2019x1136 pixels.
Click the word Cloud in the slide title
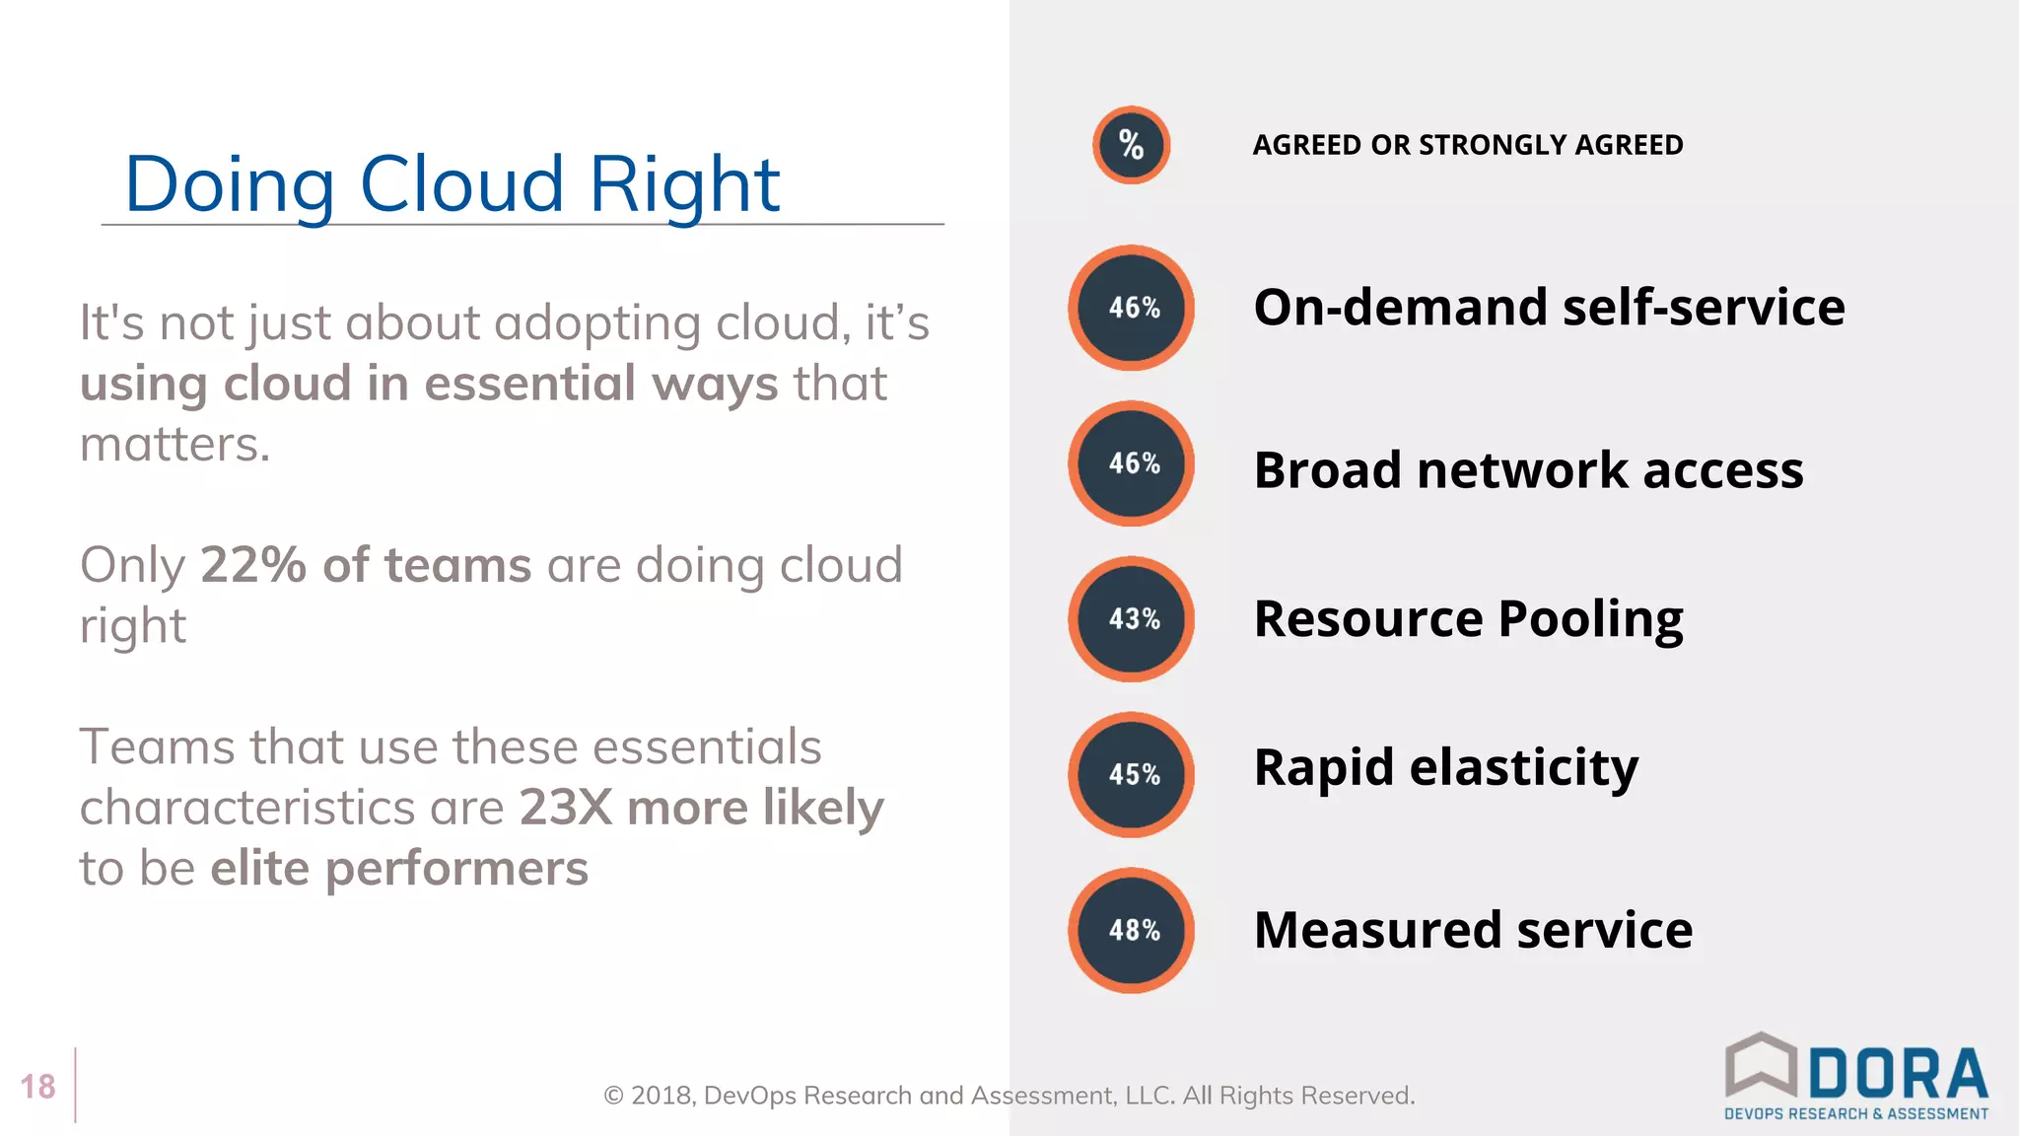tap(461, 184)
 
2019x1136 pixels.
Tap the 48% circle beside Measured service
tap(1132, 930)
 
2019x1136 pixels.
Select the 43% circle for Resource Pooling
tap(1132, 619)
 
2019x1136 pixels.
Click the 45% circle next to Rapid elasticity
tap(1132, 775)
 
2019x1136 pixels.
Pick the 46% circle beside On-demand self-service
tap(1132, 308)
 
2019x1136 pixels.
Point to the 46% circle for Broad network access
tap(1132, 463)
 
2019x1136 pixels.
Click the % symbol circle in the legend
tap(1132, 146)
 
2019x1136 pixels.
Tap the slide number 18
tap(38, 1087)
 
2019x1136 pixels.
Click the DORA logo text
tap(1899, 1075)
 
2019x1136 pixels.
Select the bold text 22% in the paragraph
tap(253, 565)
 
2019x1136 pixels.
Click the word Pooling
tap(1590, 619)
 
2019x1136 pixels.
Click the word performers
tap(456, 869)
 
